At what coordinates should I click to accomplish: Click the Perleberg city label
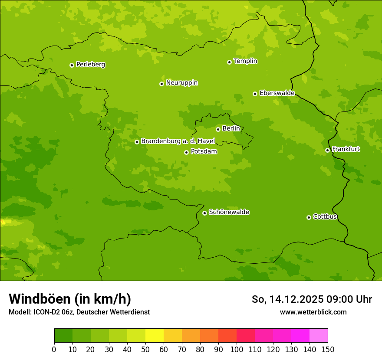coord(90,65)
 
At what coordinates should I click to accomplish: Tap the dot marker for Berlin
coord(218,129)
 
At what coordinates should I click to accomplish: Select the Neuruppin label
coord(181,83)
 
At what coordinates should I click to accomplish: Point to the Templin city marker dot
coord(229,62)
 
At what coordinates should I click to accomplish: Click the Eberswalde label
coord(277,93)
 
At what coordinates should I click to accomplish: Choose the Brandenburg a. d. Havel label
coord(178,141)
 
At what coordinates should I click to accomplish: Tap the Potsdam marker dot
coord(186,152)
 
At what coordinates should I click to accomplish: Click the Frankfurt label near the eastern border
coord(346,149)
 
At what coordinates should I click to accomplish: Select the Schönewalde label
coord(229,212)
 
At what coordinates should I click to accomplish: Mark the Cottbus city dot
coord(309,217)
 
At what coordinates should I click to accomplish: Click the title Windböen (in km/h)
coord(70,299)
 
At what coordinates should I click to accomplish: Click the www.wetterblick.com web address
coord(313,312)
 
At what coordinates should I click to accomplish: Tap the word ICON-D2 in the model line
coord(47,312)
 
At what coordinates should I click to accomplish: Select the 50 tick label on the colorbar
coord(145,350)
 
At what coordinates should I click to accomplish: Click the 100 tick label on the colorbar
coord(237,350)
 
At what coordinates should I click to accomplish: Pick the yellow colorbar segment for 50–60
coord(155,336)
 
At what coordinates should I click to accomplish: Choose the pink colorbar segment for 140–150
coord(319,336)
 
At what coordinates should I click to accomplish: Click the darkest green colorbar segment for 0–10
coord(63,336)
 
